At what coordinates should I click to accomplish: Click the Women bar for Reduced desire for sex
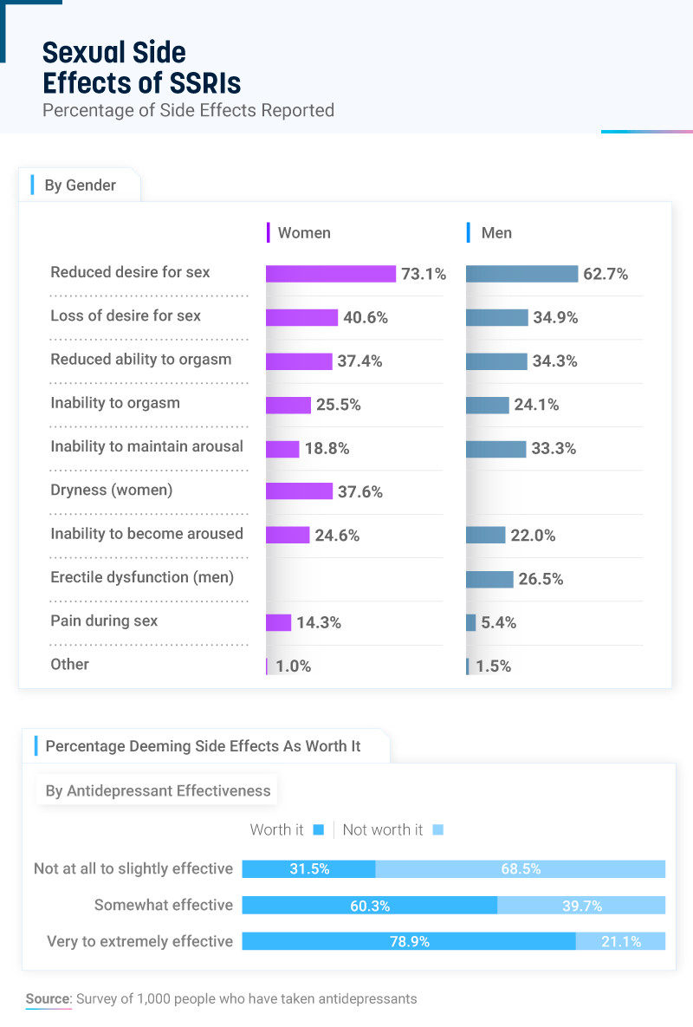[330, 274]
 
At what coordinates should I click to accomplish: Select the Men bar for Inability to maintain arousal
[495, 449]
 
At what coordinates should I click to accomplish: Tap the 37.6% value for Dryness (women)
[359, 491]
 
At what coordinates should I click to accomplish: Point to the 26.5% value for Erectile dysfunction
[541, 579]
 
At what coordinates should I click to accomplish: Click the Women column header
[303, 232]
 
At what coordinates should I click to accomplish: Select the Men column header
[496, 232]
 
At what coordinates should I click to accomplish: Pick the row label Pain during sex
[104, 621]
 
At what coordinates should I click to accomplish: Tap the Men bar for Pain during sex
[471, 622]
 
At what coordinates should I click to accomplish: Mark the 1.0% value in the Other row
[293, 666]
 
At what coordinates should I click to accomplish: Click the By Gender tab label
[80, 185]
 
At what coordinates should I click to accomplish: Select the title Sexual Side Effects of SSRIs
[141, 68]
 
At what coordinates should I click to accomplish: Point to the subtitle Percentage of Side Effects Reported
[188, 110]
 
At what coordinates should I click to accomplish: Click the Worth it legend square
[318, 829]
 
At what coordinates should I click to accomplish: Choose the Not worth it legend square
[437, 829]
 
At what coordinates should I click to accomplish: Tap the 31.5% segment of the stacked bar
[309, 868]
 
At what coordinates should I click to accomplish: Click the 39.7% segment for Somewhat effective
[581, 906]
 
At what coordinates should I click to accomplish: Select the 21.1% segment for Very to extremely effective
[620, 941]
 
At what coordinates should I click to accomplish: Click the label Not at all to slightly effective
[133, 868]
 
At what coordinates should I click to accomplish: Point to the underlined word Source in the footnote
[48, 998]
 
